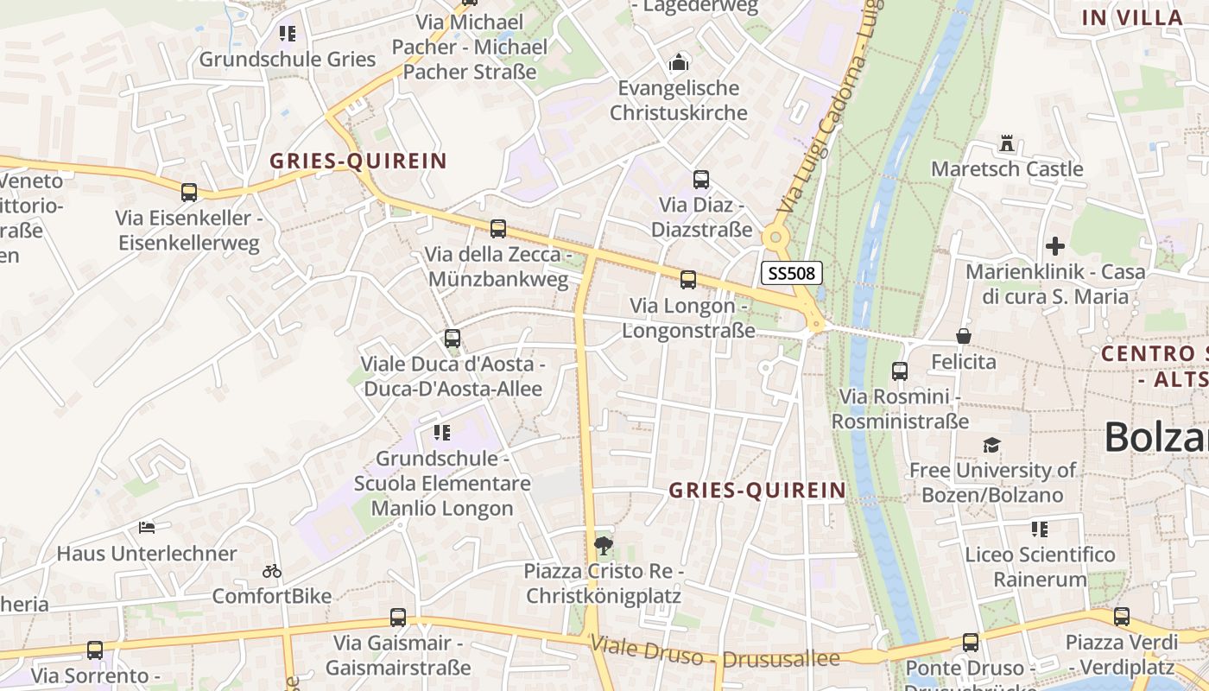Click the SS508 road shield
(791, 274)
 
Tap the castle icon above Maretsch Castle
(1006, 143)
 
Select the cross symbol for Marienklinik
(1054, 245)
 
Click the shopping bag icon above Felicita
(963, 336)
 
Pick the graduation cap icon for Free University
(991, 445)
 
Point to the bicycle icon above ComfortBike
(272, 571)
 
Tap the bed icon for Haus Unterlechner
(147, 527)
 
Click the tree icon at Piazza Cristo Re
(604, 545)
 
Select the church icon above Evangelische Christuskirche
(679, 62)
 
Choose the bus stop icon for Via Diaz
(700, 180)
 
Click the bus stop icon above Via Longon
(687, 279)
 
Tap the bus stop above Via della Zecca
(497, 229)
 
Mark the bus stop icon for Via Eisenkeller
(188, 193)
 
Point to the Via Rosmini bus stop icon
(899, 371)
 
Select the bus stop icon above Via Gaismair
(397, 618)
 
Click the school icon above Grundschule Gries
(288, 34)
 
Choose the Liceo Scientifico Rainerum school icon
(1040, 529)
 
